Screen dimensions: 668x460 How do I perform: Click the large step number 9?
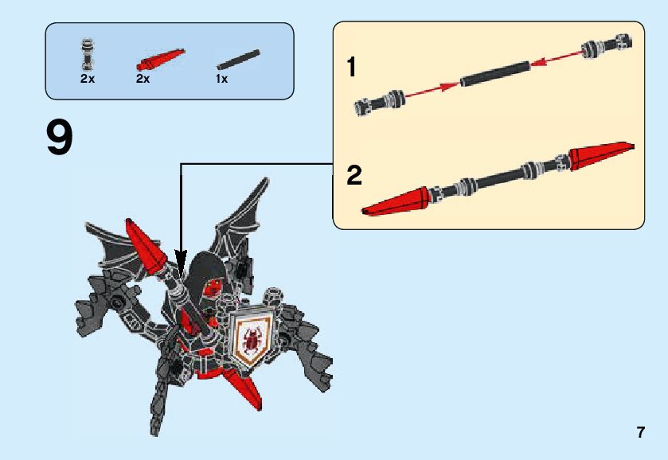point(60,138)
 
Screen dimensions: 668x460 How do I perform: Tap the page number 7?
point(640,432)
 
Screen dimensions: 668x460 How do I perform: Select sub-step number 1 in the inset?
point(351,68)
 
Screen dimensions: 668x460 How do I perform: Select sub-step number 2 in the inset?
point(354,175)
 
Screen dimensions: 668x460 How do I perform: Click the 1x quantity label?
point(221,79)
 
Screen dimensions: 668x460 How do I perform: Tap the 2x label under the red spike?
point(143,79)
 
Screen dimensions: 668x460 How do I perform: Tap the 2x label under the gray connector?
point(87,79)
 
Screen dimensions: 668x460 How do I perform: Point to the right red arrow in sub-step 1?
point(557,57)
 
